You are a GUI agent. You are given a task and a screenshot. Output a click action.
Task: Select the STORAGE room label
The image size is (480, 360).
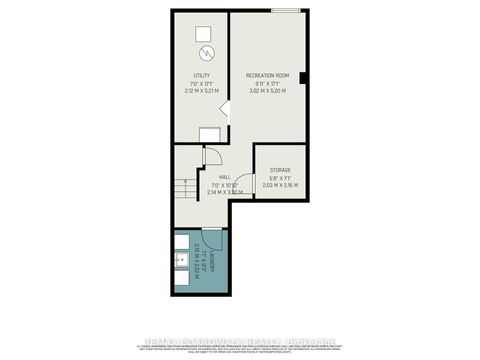[279, 170]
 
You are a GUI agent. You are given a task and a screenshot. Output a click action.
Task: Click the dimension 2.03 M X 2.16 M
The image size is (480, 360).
[279, 185]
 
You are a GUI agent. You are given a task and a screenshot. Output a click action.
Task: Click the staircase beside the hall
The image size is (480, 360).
[183, 188]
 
